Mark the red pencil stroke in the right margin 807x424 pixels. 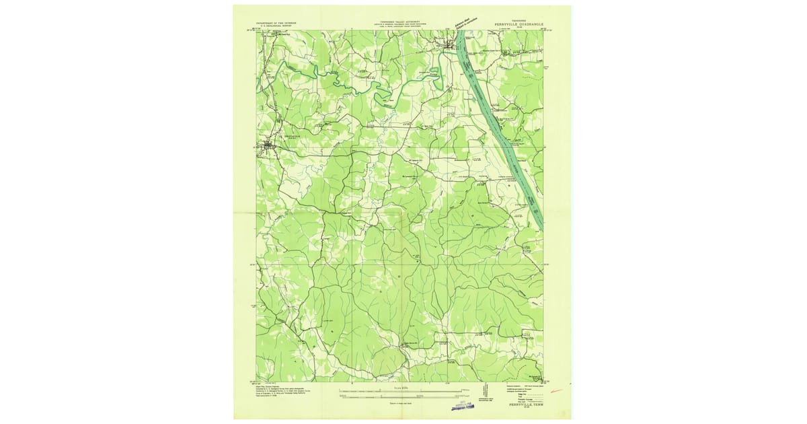[x=555, y=389]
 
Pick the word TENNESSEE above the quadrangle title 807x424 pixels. [x=520, y=20]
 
